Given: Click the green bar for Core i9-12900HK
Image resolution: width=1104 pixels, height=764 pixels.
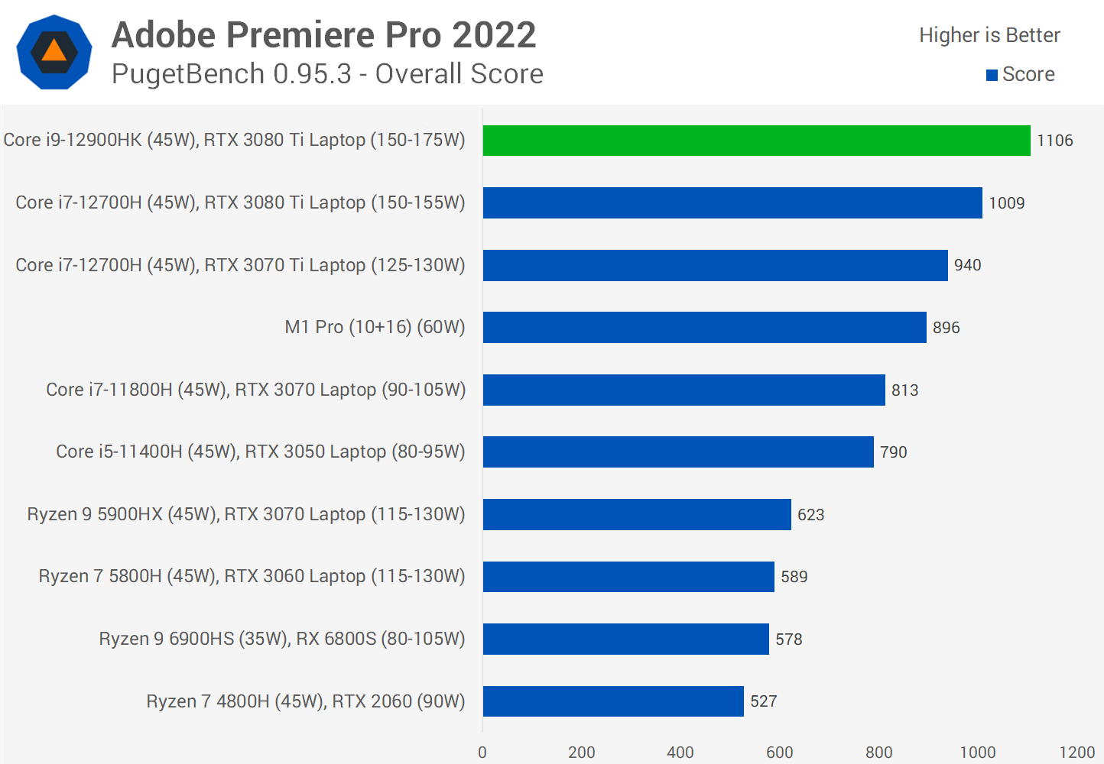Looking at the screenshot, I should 756,141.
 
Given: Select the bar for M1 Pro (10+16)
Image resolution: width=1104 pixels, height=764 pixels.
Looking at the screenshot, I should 704,327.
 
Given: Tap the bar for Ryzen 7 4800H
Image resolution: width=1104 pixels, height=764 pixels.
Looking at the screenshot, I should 612,701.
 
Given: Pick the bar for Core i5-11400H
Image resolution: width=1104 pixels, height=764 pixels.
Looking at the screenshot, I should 677,452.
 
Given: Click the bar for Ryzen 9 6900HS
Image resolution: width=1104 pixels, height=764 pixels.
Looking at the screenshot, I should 625,639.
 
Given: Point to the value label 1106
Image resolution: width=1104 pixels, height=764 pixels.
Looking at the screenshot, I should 1054,141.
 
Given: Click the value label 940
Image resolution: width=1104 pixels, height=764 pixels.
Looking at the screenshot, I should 967,265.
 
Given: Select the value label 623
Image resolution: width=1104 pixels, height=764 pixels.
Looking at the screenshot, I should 810,515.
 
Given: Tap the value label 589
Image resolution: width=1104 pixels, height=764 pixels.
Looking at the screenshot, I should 794,577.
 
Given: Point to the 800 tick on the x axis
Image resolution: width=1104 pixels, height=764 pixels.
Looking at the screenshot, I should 878,753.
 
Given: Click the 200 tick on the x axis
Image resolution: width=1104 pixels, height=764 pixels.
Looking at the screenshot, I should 581,753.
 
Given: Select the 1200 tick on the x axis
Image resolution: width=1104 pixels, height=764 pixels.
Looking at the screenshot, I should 1076,753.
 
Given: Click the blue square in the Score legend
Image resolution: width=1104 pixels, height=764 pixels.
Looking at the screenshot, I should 992,75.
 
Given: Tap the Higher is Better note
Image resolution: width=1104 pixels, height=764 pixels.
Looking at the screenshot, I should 989,35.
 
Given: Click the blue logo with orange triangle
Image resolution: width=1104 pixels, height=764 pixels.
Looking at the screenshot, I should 54,52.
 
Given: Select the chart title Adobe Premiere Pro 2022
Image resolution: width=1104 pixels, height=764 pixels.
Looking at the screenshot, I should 323,35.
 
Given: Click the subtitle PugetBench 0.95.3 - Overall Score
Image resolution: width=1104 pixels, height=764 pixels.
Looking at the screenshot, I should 327,74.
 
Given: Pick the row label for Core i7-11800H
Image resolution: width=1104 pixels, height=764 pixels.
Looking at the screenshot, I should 255,390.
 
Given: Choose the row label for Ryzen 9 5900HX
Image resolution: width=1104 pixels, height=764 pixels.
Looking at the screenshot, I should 245,514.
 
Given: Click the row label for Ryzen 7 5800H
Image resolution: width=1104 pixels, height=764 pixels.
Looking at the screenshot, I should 252,576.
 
